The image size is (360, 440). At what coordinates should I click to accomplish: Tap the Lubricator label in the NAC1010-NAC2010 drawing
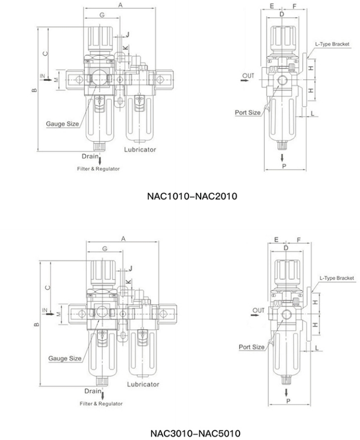(x=140, y=149)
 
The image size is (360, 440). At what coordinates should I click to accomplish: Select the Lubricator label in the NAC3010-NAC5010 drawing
(x=143, y=384)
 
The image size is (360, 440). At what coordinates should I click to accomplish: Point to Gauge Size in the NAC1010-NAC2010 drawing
(x=63, y=124)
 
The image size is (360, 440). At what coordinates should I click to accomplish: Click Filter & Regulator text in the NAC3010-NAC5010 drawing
(x=101, y=403)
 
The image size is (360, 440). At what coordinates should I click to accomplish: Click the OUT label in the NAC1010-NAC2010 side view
(x=248, y=76)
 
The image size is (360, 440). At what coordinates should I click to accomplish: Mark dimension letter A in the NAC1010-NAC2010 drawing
(x=120, y=5)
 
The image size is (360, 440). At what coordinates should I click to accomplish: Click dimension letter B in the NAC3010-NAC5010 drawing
(x=36, y=325)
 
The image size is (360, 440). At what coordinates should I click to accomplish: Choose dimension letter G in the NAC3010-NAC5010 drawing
(x=104, y=249)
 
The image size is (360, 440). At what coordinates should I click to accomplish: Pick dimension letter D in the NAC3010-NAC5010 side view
(x=285, y=248)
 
